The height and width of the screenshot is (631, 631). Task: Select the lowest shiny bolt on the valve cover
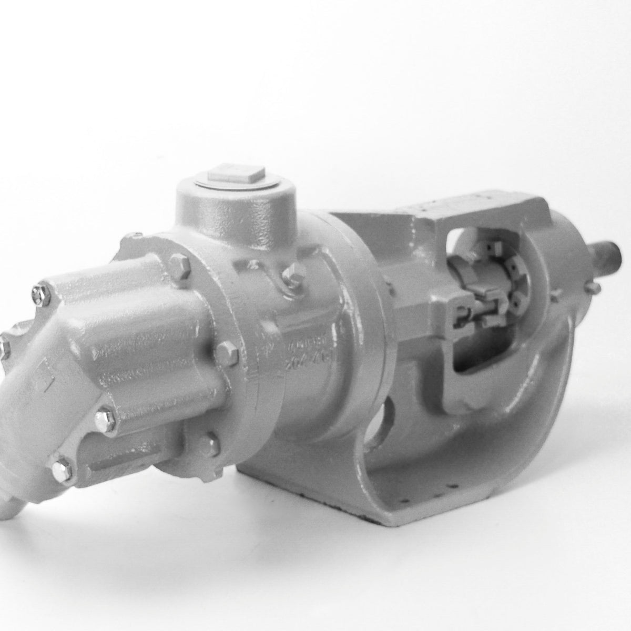point(62,465)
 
